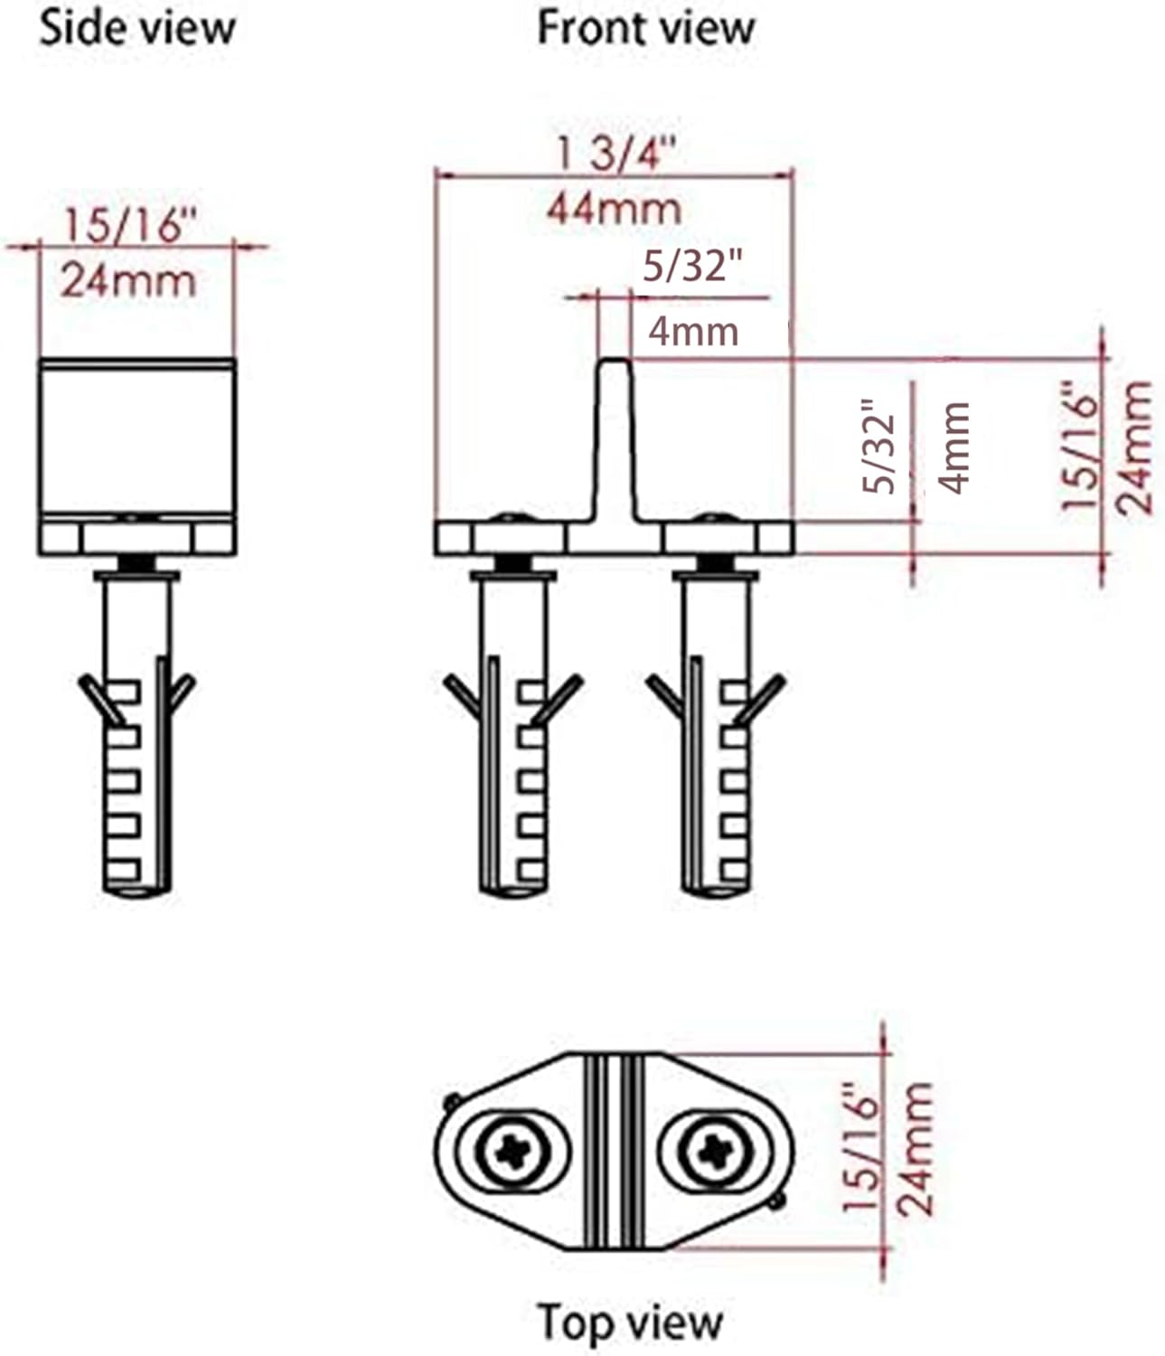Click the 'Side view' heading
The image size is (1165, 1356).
pos(137,29)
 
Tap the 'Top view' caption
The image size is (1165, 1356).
pos(630,1322)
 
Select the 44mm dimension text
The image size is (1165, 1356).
pos(614,210)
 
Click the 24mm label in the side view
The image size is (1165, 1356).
pos(127,281)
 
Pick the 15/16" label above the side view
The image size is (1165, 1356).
pos(127,226)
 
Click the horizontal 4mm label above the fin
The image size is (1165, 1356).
pos(693,332)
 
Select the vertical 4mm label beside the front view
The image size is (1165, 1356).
pos(954,448)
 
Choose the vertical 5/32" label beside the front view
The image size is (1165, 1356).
pos(878,447)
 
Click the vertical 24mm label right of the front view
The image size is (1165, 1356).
pos(1135,448)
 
